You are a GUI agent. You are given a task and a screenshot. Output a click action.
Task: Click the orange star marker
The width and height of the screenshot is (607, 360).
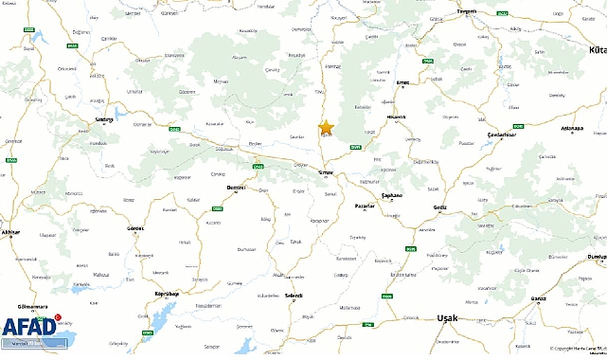[x=326, y=128]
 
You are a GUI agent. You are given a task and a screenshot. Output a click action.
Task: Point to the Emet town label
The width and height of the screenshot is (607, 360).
[x=402, y=81]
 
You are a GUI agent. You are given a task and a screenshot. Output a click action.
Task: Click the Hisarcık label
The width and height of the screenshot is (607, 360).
[x=396, y=117]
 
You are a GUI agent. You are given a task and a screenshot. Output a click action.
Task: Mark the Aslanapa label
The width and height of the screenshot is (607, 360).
[x=572, y=127]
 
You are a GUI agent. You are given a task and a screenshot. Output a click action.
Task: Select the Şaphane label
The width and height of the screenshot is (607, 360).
[x=392, y=195]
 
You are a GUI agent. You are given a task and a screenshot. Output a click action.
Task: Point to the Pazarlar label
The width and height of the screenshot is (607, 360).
[x=365, y=206]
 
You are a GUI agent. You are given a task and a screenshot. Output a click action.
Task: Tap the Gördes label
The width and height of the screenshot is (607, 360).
[x=135, y=228]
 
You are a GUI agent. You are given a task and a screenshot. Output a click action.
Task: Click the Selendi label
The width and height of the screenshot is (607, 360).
[x=294, y=296]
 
